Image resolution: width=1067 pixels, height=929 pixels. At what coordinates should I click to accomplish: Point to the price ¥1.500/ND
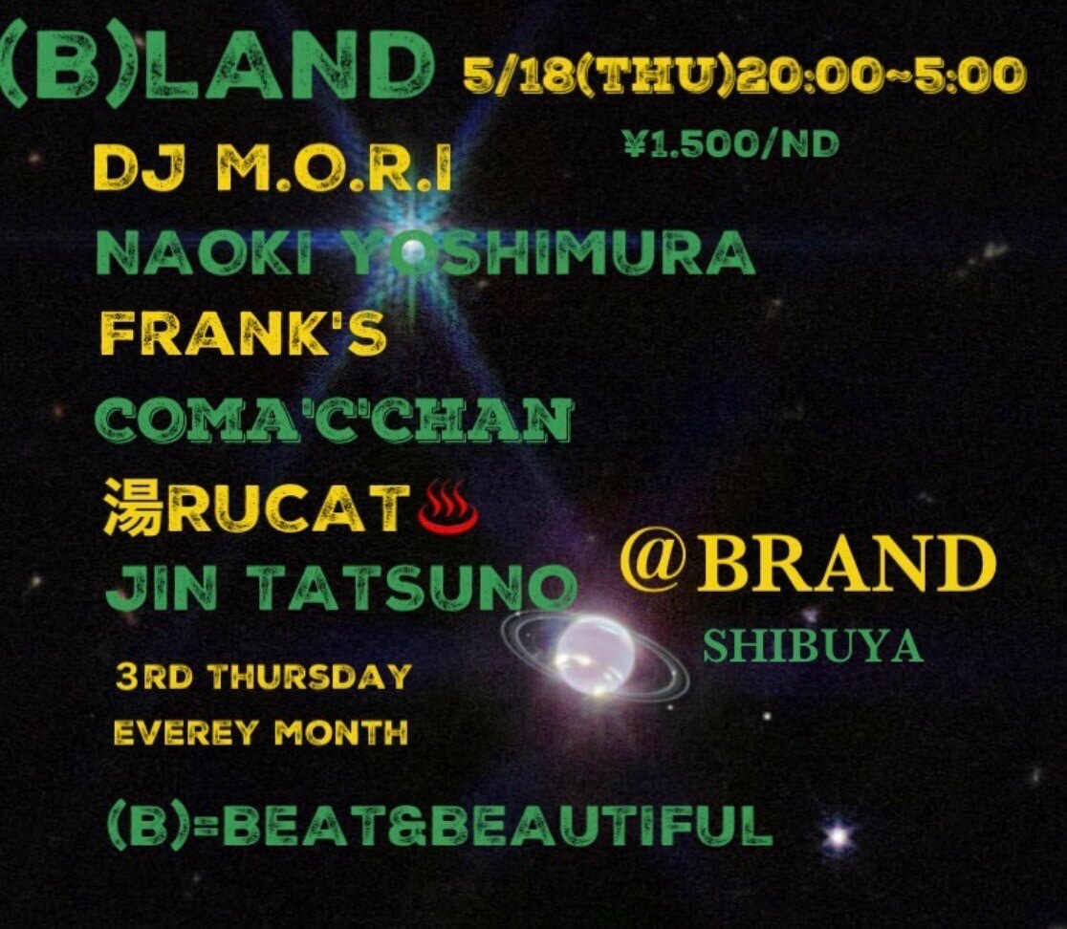click(x=729, y=144)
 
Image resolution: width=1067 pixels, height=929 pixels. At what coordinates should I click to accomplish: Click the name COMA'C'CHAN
click(x=336, y=419)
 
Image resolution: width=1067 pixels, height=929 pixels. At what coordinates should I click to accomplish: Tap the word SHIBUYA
click(x=813, y=647)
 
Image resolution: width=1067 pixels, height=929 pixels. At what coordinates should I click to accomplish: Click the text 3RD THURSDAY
click(x=263, y=678)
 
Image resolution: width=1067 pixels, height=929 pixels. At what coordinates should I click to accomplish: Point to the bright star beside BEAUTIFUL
click(x=838, y=837)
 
